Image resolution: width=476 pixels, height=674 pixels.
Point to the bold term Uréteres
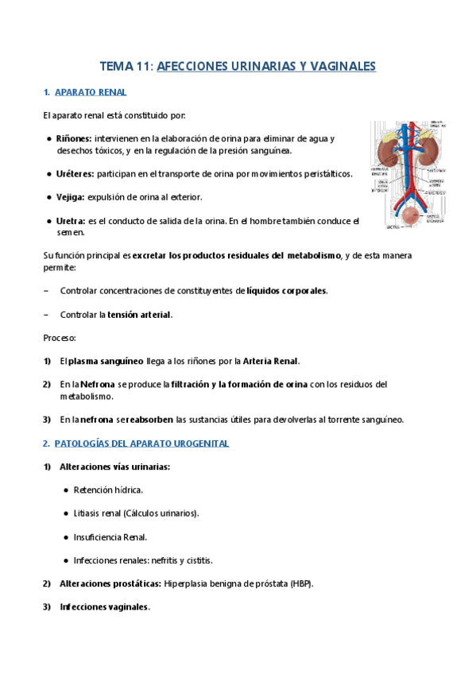pos(75,173)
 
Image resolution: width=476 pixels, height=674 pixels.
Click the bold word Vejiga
pos(71,197)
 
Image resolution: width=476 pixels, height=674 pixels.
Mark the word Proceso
pos(60,338)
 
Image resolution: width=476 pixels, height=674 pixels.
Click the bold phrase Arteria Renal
pos(271,361)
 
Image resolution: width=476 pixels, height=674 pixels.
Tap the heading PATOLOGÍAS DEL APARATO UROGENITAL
pos(141,443)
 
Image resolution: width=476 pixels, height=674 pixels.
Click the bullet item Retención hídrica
pos(108,490)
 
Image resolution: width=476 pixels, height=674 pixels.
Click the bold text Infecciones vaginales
pos(104,607)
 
